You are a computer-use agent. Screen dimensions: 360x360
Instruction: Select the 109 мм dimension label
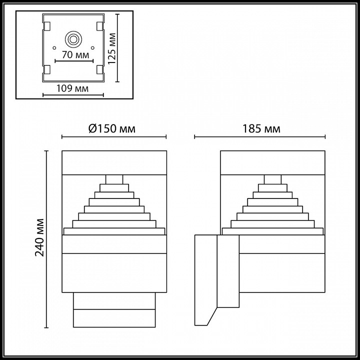(73, 89)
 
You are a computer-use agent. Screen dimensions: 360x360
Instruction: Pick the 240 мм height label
(39, 237)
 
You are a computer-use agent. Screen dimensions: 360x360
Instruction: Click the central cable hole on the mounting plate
(73, 38)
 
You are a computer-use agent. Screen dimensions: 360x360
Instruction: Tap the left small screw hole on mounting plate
(52, 48)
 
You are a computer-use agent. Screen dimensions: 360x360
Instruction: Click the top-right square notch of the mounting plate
(99, 25)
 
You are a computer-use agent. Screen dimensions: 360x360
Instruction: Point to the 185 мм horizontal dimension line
(260, 136)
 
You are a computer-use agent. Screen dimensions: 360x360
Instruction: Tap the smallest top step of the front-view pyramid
(114, 180)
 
